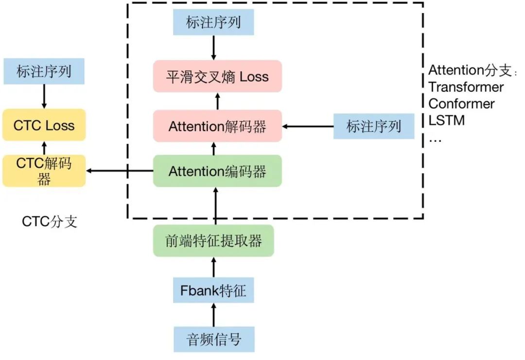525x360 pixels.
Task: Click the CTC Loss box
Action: (x=44, y=125)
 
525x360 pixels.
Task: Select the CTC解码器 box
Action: (x=44, y=171)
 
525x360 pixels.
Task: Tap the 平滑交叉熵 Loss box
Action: (x=217, y=76)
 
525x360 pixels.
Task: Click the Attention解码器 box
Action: (x=217, y=126)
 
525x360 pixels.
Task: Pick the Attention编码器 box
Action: (x=217, y=171)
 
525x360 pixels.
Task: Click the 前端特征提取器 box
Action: (x=213, y=241)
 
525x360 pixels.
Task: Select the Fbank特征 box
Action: (x=213, y=290)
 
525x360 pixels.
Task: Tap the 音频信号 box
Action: (x=214, y=339)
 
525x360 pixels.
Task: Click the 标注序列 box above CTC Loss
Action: (x=44, y=71)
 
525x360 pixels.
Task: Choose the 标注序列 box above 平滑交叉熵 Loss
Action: (x=213, y=22)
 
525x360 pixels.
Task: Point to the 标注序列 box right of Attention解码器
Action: (x=374, y=126)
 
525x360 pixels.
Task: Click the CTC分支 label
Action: (x=50, y=222)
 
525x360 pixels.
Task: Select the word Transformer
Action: (x=466, y=87)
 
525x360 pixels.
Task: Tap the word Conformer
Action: (x=461, y=103)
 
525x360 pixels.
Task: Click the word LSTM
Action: (x=447, y=120)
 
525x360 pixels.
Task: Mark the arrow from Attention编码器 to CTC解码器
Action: (x=120, y=171)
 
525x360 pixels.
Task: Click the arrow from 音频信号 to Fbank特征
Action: (x=214, y=315)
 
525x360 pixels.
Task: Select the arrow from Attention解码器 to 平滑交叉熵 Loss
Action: (x=218, y=102)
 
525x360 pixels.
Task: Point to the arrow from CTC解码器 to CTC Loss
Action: (x=44, y=148)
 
